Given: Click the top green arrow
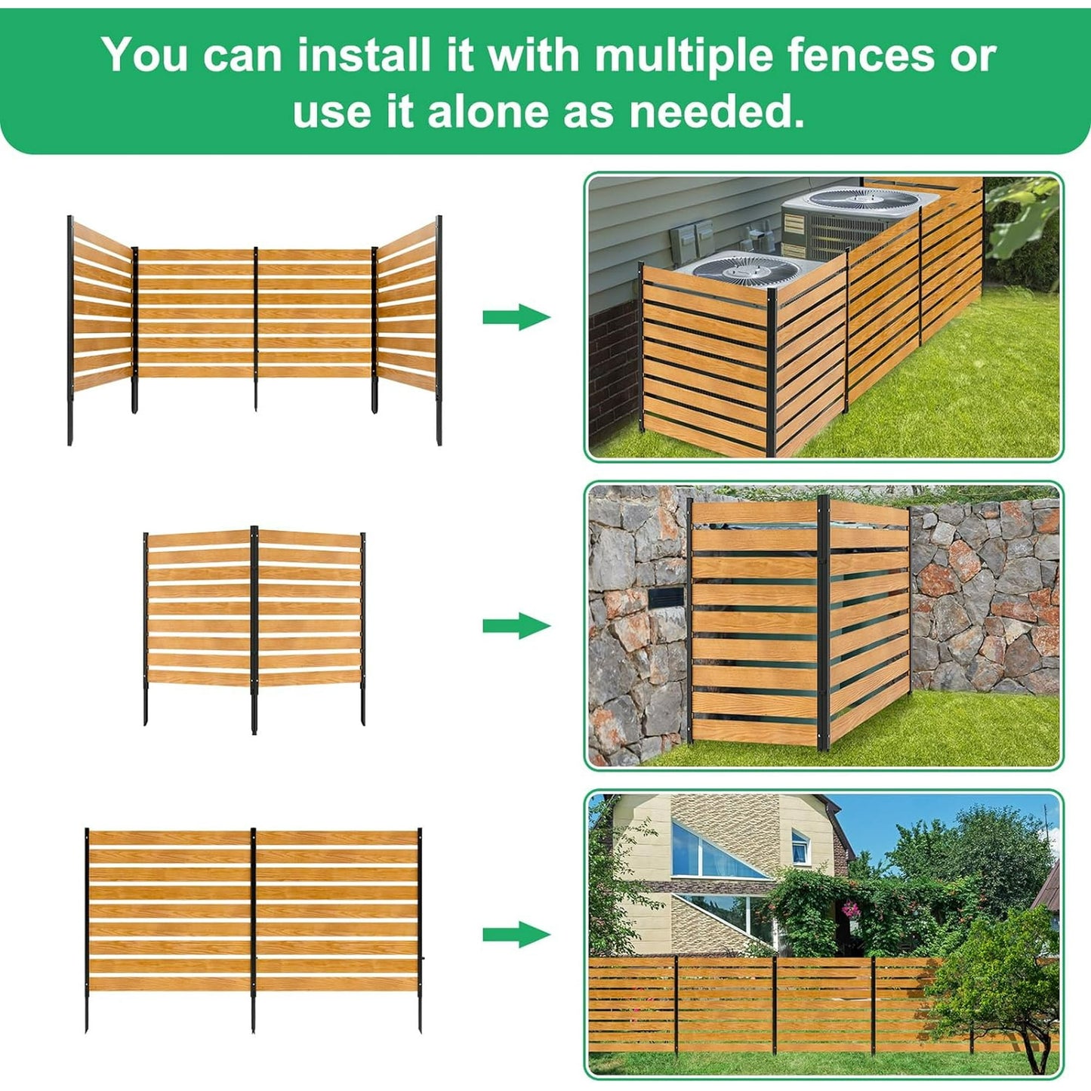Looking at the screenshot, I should point(516,316).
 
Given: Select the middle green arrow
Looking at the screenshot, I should point(516,626).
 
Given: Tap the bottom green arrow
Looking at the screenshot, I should point(516,935).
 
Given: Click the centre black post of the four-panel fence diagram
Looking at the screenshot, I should point(255,328).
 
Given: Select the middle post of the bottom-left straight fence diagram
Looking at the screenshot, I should point(253,929).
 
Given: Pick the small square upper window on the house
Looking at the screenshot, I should point(800,841).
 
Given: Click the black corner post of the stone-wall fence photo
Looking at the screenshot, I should point(824,623).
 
